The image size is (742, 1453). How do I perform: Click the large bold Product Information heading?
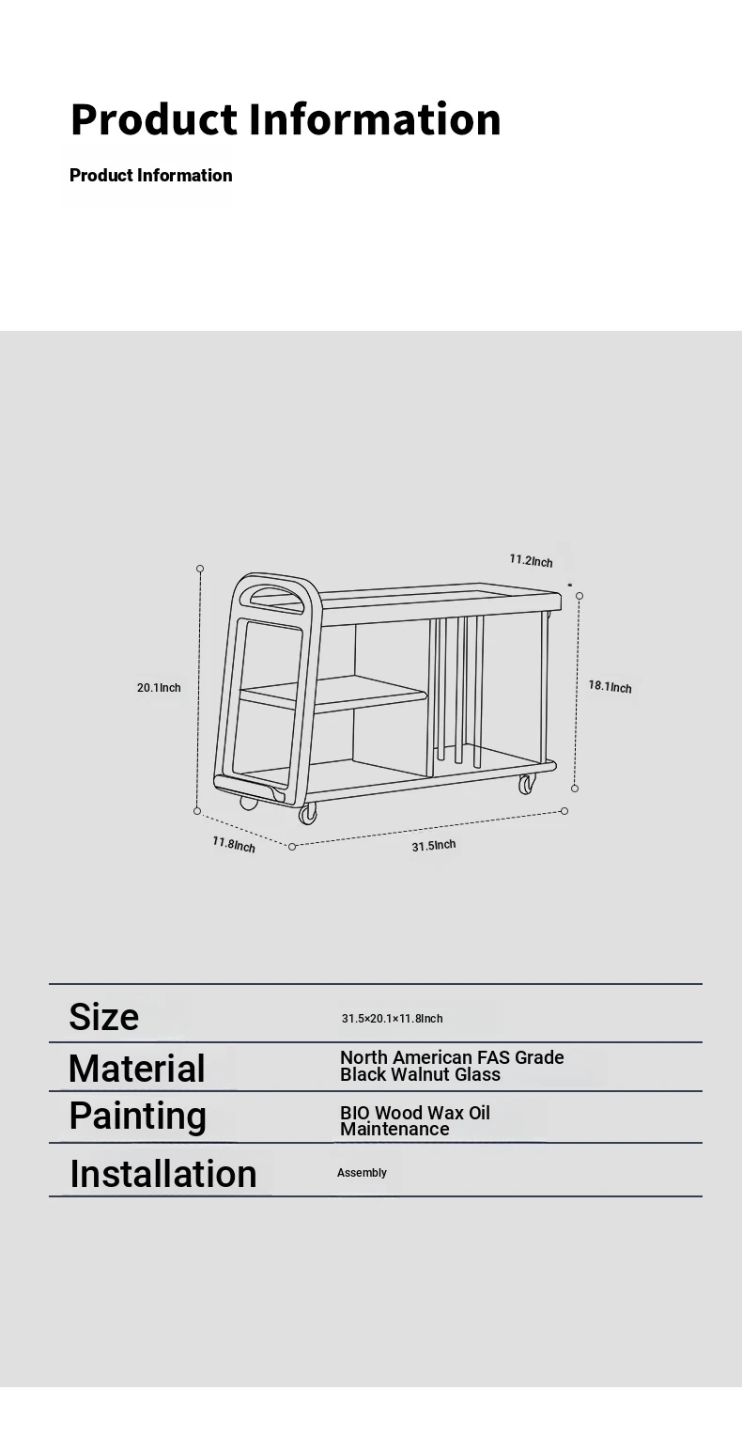pos(286,119)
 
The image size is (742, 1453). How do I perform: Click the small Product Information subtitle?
pos(151,175)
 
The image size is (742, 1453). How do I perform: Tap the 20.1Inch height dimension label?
pos(159,688)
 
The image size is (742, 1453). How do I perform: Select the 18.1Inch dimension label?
pos(610,687)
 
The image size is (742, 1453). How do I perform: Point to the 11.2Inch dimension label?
pos(531,561)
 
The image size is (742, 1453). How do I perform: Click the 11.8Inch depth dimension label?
pos(234,845)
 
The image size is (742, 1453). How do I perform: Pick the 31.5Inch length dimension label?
pos(434,845)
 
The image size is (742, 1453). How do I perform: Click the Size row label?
pos(103,1017)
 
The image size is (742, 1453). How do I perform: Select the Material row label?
pos(137,1069)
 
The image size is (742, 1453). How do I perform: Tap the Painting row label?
pos(137,1117)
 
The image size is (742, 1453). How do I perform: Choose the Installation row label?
pos(163,1174)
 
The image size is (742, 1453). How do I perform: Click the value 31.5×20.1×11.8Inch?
pos(392,1019)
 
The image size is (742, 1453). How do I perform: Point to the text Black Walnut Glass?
pos(420,1075)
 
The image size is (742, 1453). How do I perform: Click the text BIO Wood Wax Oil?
pos(415,1113)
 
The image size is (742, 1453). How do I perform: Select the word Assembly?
pos(362,1173)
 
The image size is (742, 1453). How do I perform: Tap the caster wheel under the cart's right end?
pos(528,784)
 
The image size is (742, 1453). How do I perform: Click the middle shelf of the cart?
pos(333,694)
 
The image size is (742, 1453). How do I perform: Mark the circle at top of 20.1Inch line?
pos(200,569)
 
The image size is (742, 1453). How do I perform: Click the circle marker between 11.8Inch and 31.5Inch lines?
pos(292,847)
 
